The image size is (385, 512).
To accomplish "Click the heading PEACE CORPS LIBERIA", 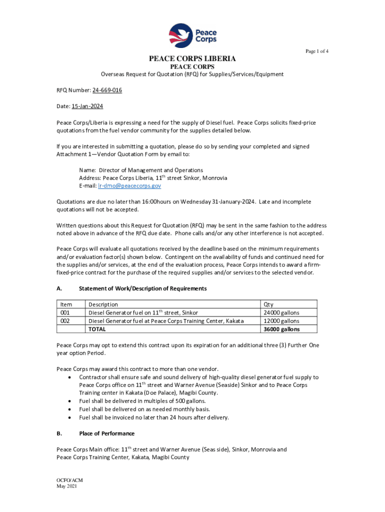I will (x=192, y=59).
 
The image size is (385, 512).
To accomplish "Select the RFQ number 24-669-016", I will (x=107, y=90).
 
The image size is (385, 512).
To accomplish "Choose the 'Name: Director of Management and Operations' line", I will (x=141, y=170).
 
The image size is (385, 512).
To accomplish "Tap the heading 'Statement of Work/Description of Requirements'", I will (x=142, y=288).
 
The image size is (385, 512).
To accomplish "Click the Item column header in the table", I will (x=66, y=304).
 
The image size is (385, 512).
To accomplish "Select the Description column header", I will (x=103, y=304).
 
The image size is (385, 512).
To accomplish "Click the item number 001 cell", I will (x=65, y=313).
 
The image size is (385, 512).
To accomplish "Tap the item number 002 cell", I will (x=65, y=321).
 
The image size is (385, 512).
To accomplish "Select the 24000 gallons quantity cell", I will (x=281, y=313).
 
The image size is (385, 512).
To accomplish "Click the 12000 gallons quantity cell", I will (x=281, y=321).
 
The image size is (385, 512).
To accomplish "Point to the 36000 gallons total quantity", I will (x=281, y=329).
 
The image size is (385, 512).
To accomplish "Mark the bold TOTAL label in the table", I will (x=97, y=329).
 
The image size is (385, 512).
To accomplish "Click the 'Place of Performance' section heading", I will (x=106, y=433).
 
